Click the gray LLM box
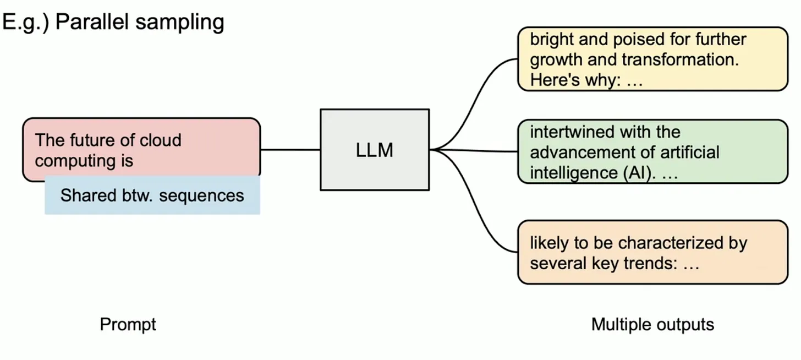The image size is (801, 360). pos(375,150)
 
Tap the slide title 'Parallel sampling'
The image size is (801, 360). pos(140,22)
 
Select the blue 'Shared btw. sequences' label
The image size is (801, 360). pos(152,195)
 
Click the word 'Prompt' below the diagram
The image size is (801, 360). pos(128,324)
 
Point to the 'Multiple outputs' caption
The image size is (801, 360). pos(652,324)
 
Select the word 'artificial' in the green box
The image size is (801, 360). pos(684,152)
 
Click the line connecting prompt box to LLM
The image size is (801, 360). pos(290,149)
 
